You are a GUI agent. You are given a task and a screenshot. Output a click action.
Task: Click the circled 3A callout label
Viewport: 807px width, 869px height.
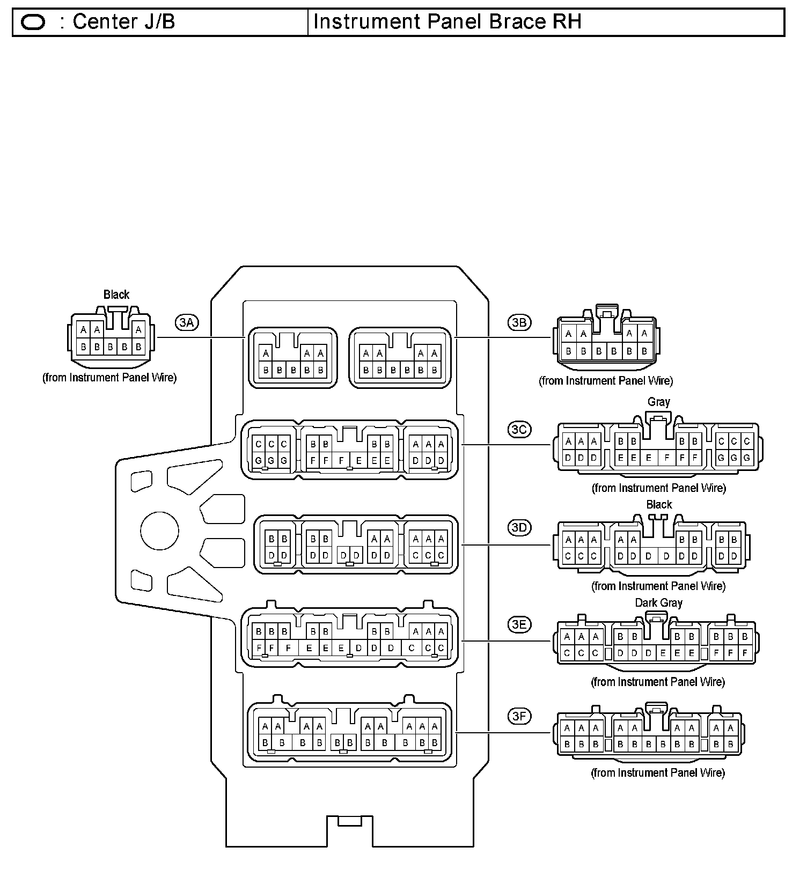[186, 322]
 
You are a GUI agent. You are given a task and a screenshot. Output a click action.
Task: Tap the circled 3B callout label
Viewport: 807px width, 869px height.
[519, 322]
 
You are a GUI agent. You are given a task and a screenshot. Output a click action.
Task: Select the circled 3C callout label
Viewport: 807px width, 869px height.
[519, 430]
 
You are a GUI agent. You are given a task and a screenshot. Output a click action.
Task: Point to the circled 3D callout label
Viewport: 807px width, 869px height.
[519, 527]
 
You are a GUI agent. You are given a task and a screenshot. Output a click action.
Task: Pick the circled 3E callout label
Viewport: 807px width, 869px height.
[519, 624]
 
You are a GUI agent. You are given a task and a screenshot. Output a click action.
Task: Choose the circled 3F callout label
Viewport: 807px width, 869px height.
[519, 716]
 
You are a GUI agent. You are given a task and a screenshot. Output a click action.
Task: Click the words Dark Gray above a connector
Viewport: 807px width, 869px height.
[658, 603]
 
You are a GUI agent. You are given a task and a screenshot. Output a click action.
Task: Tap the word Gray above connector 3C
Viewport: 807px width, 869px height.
[658, 402]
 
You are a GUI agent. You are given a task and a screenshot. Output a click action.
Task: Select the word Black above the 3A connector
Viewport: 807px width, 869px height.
[116, 294]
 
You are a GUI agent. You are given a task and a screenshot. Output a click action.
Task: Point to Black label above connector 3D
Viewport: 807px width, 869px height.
[659, 505]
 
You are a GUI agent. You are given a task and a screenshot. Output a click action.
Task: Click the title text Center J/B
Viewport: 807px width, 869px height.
[123, 22]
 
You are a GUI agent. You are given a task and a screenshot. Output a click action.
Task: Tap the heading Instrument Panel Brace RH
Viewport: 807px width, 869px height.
[447, 22]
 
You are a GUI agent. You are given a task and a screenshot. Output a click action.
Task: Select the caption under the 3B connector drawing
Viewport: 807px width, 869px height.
[606, 381]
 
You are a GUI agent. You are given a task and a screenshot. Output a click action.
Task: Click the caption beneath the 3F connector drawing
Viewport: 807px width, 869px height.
[658, 773]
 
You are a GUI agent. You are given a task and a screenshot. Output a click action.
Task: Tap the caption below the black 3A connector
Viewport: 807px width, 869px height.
[109, 378]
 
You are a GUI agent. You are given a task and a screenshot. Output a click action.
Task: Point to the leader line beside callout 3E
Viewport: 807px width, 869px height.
[507, 640]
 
